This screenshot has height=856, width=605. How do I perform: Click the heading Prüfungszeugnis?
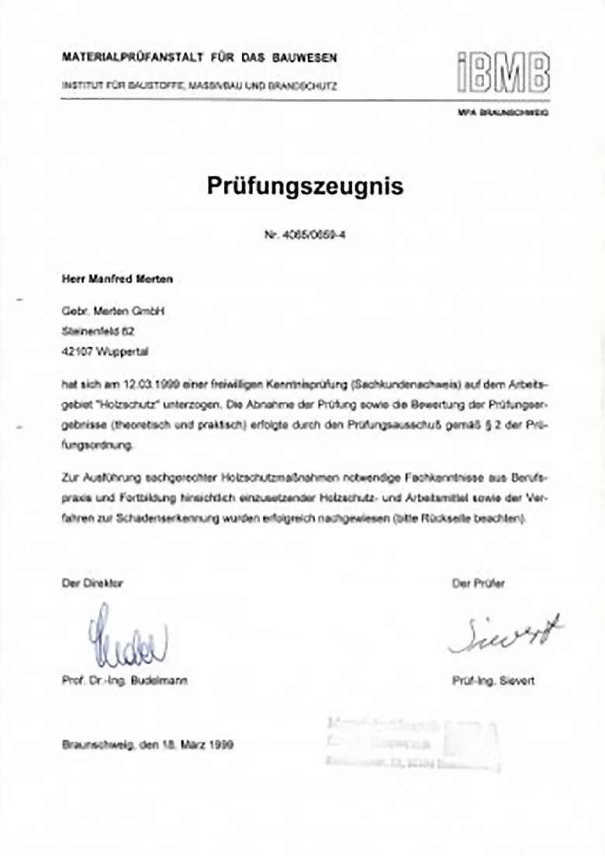pos(305,186)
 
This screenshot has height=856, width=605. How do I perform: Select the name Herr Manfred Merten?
pos(117,279)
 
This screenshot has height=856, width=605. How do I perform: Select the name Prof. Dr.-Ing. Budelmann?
pos(125,681)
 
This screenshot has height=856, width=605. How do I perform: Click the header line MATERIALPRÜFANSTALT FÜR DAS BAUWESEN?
pos(199,58)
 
